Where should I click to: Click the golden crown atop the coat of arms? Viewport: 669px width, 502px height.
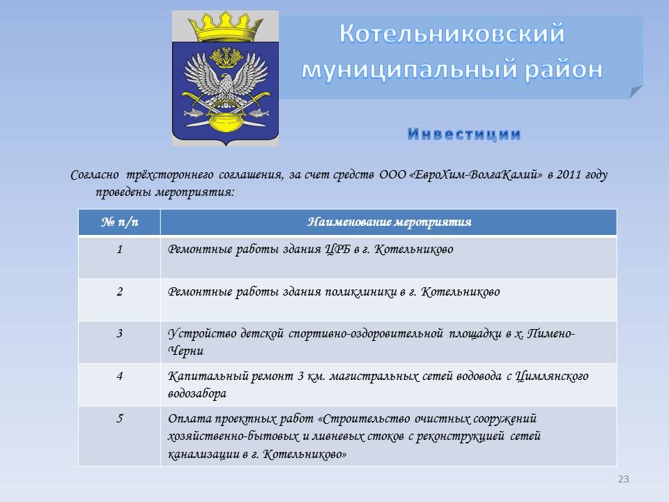coord(225,26)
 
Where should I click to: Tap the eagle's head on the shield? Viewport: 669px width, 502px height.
coord(226,80)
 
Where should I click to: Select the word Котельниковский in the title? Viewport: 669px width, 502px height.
coord(452,33)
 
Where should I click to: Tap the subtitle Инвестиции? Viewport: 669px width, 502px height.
coord(464,134)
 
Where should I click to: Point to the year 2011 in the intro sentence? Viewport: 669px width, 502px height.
coord(569,174)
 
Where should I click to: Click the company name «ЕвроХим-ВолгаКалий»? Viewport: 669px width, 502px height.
coord(476,174)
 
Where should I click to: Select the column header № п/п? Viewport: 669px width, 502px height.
coord(120,222)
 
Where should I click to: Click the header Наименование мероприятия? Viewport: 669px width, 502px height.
coord(389,222)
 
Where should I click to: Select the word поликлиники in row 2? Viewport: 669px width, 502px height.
coord(361,291)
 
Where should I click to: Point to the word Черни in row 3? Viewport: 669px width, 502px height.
coord(185,351)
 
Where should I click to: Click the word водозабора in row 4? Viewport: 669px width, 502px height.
coord(197,393)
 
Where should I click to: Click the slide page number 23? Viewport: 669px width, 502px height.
coord(623,479)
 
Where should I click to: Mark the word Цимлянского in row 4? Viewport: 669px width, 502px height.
coord(552,376)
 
